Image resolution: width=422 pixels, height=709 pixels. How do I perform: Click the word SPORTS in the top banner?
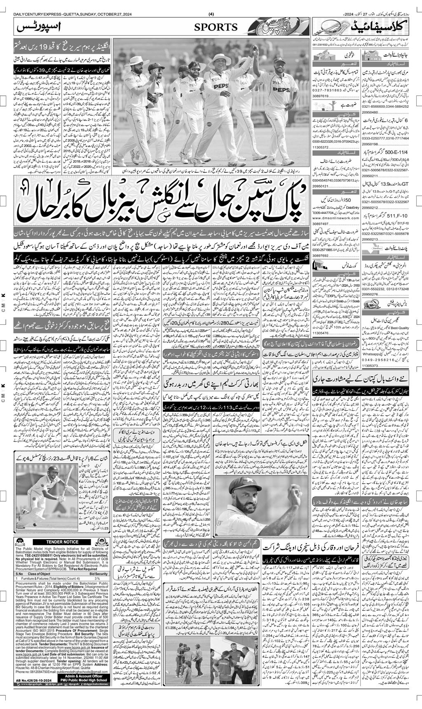216,27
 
